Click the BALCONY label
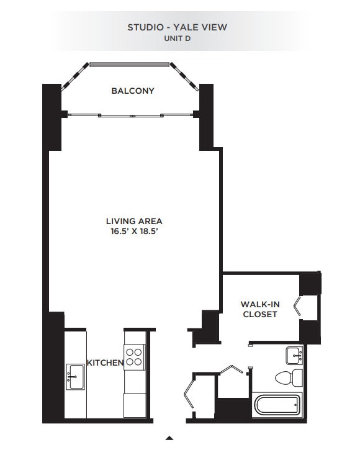pos(133,91)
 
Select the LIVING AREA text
pos(134,221)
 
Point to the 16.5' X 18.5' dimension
pos(134,232)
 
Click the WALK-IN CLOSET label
pos(259,309)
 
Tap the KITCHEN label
pos(105,363)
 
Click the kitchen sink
pos(76,375)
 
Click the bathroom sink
pos(294,356)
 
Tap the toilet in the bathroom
pos(289,377)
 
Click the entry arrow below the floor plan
pos(169,438)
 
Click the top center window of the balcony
pos(130,64)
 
